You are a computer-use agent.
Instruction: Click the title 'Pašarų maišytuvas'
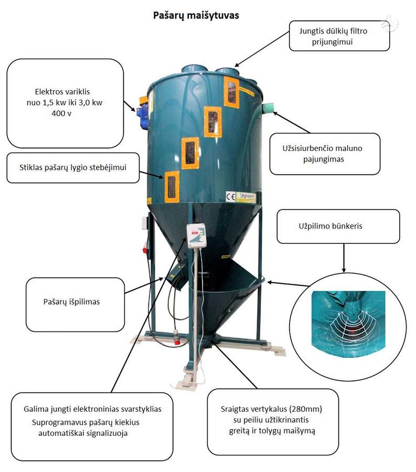(196, 16)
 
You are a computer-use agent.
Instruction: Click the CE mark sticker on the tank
(231, 197)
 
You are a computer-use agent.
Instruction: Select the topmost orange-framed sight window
(231, 92)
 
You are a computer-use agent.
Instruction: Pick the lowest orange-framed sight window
(172, 187)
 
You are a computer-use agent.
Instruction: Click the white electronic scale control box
(196, 235)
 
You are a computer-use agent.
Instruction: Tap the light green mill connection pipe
(268, 108)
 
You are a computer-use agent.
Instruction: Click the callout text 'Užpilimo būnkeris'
(330, 226)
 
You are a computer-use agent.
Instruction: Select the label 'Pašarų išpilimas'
(72, 302)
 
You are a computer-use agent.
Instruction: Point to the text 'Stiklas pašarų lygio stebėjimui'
(73, 167)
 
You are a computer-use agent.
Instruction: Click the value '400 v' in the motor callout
(61, 113)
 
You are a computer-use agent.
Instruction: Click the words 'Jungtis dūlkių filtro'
(333, 31)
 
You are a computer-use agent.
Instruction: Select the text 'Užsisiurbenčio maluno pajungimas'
(323, 154)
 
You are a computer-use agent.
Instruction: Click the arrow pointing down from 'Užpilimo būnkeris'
(344, 258)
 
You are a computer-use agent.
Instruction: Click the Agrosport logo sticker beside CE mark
(246, 197)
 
